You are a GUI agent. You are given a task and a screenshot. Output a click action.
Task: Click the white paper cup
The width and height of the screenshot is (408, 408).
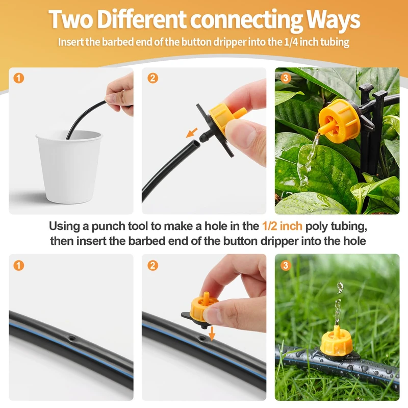coord(69,167)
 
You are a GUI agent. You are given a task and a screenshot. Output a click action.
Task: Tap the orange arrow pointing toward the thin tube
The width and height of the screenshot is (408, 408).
coord(192,133)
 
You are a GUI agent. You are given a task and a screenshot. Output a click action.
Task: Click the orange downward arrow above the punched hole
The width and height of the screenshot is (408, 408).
coord(212,334)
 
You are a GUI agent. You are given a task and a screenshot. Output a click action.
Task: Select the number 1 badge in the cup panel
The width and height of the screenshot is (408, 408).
coord(19,78)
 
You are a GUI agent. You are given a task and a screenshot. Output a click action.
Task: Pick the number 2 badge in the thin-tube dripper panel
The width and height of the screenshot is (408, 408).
coord(152,78)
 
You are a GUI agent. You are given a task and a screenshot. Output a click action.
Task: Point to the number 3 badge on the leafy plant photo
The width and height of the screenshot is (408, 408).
coord(286,78)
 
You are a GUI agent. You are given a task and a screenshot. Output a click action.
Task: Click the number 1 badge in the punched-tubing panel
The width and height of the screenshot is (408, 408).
coord(19,265)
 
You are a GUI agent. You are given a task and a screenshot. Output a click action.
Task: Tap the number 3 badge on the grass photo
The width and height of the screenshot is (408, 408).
coord(286,265)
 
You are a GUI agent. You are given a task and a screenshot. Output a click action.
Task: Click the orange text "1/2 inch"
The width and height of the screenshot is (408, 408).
coord(283,226)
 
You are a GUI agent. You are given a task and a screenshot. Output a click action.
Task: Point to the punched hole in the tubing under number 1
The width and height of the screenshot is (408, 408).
coord(71,339)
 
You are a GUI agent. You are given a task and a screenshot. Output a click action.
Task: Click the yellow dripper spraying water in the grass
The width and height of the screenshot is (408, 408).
coord(337,341)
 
